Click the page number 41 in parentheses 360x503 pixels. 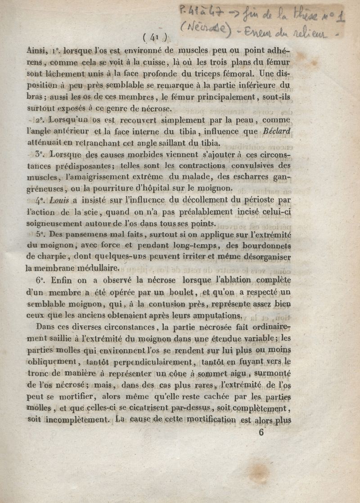pos(155,36)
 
